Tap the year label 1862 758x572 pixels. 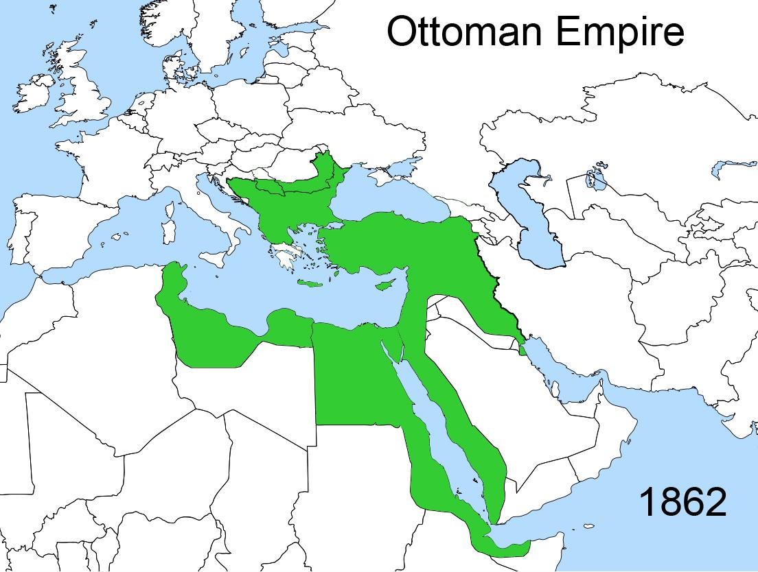[x=682, y=503]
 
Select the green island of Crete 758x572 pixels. [x=311, y=284]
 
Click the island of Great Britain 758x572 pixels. [x=86, y=89]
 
